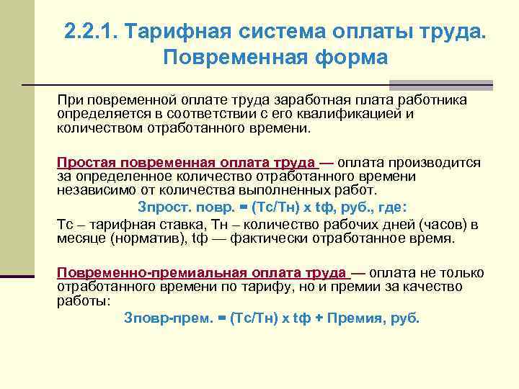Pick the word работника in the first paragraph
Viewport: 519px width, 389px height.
coord(435,99)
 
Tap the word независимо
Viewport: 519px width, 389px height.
coord(90,190)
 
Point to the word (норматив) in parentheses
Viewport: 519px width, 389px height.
coord(132,238)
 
